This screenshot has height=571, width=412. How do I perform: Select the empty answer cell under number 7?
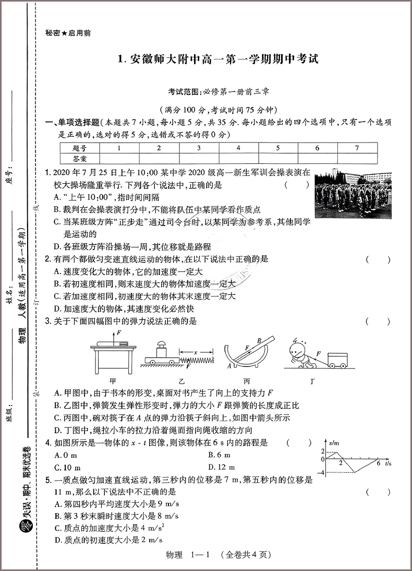[x=357, y=158]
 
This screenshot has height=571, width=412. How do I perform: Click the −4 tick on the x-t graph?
[x=323, y=473]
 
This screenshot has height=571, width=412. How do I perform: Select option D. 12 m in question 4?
[x=221, y=467]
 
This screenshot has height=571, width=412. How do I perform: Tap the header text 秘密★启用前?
[x=68, y=33]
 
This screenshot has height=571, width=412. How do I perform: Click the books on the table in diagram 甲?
[x=116, y=342]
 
